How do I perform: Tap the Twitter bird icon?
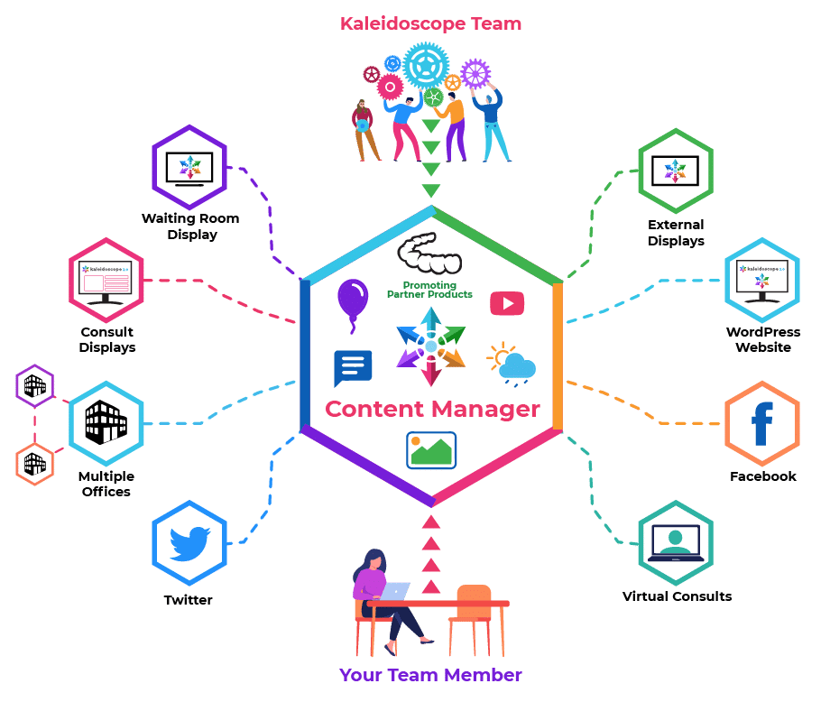point(189,543)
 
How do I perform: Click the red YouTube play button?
point(507,303)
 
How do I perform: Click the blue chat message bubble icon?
point(353,368)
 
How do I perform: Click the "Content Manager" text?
point(432,409)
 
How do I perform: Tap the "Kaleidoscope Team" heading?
point(430,23)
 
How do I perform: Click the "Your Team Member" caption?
point(430,675)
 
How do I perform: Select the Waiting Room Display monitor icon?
point(189,167)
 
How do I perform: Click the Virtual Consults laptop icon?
point(675,543)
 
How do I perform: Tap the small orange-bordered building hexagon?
point(35,464)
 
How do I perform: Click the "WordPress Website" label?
point(762,339)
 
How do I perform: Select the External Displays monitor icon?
point(675,171)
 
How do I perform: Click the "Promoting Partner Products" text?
point(430,290)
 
